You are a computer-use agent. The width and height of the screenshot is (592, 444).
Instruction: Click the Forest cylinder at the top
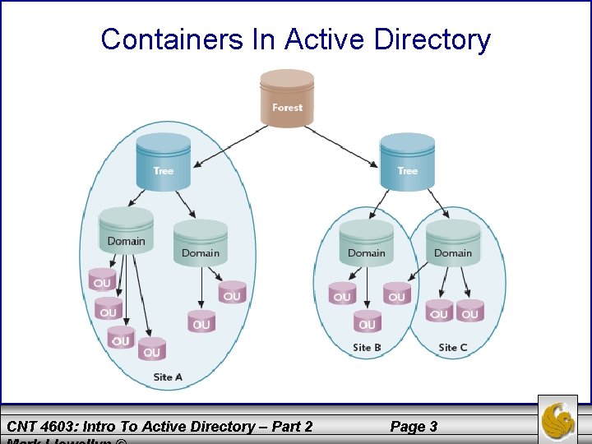coord(287,99)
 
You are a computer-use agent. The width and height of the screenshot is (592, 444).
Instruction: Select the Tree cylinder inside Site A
coord(163,162)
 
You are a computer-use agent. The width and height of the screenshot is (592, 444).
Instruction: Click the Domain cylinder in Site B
coord(366,243)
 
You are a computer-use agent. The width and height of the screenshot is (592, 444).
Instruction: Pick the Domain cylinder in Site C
coord(453,243)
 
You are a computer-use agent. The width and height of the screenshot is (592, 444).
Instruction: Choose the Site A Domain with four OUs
coord(126,232)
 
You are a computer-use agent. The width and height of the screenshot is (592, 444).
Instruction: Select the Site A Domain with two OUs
coord(201,243)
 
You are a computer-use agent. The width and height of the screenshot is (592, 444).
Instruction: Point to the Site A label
coord(168,377)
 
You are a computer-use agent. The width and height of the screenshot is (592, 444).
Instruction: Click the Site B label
coord(367,347)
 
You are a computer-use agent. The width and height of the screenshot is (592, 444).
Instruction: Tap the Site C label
coord(453,347)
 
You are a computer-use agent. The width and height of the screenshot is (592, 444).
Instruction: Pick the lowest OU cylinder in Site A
coord(151,349)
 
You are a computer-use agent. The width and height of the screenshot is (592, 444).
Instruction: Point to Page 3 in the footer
coord(414,426)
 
